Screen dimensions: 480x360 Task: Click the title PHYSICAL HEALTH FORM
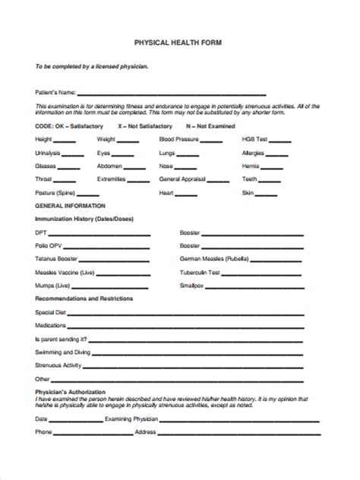[179, 43]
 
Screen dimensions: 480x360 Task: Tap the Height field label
[44, 140]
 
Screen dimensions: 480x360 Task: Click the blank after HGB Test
[280, 141]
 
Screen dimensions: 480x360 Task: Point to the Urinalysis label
[49, 153]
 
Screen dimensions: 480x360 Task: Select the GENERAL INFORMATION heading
[70, 206]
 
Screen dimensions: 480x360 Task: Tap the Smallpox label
[191, 285]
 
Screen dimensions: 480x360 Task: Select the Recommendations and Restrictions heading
[84, 298]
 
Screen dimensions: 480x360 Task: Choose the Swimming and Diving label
[62, 352]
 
